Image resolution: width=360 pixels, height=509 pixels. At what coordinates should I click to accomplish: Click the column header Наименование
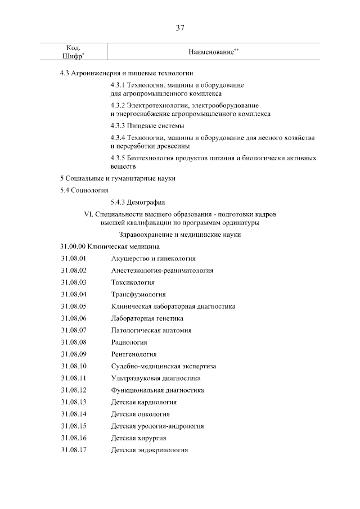(x=213, y=52)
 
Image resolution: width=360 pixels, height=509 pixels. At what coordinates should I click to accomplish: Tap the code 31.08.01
(x=73, y=258)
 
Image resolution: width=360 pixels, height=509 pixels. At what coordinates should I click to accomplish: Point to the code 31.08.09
(x=73, y=354)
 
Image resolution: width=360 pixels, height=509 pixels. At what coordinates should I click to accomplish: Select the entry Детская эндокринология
(x=150, y=450)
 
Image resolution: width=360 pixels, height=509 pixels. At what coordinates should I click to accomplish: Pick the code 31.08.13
(x=73, y=402)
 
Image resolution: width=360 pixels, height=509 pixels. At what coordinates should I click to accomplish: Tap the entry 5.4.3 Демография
(x=138, y=202)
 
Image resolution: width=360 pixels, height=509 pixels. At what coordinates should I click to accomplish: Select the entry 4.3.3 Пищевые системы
(x=147, y=125)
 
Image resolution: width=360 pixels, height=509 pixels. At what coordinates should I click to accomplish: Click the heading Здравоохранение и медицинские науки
(x=180, y=234)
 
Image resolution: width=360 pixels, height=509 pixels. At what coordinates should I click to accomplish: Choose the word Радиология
(x=129, y=342)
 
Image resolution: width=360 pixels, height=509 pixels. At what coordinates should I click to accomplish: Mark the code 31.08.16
(x=73, y=438)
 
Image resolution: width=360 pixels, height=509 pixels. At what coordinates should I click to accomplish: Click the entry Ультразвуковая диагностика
(x=156, y=378)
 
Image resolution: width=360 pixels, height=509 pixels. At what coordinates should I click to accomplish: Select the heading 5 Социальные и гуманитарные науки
(x=118, y=178)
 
